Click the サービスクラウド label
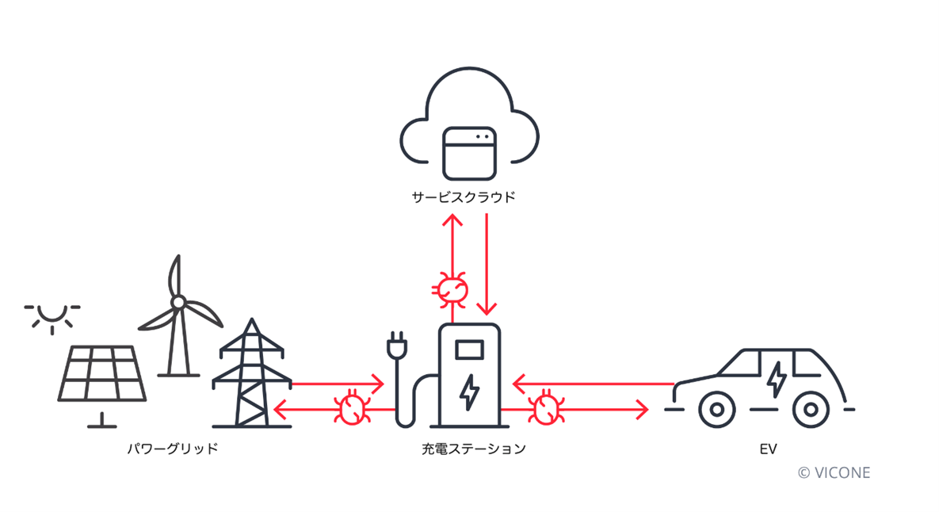(x=463, y=197)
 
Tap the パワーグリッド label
(x=173, y=449)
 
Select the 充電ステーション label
(x=473, y=449)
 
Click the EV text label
(x=767, y=449)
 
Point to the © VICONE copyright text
(x=834, y=472)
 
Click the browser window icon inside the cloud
(x=469, y=153)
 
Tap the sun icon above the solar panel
(x=52, y=315)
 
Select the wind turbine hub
(x=178, y=302)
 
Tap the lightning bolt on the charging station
(x=470, y=392)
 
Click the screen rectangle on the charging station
(x=469, y=349)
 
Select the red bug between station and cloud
(x=452, y=288)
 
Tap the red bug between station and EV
(x=546, y=409)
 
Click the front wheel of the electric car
(x=716, y=410)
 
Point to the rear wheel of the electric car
(x=809, y=410)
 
